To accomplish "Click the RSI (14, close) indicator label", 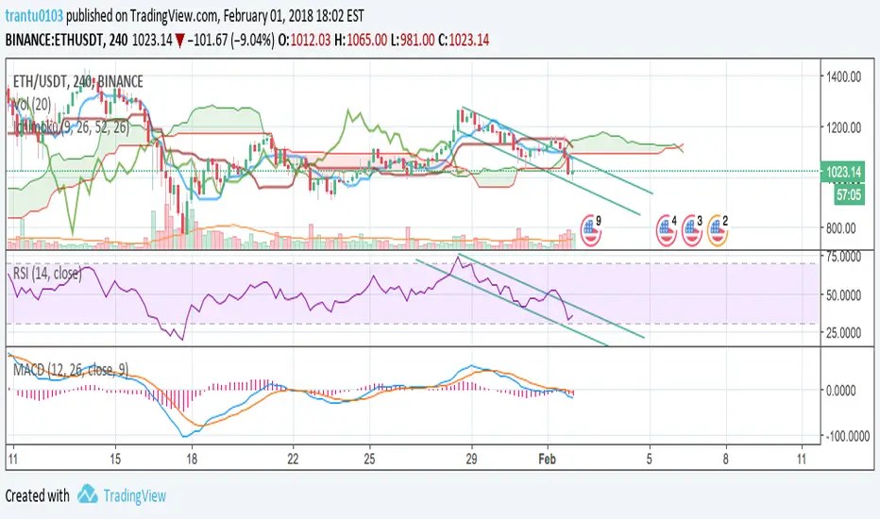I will (46, 275).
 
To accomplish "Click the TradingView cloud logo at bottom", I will (90, 494).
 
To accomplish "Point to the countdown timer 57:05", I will (845, 194).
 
